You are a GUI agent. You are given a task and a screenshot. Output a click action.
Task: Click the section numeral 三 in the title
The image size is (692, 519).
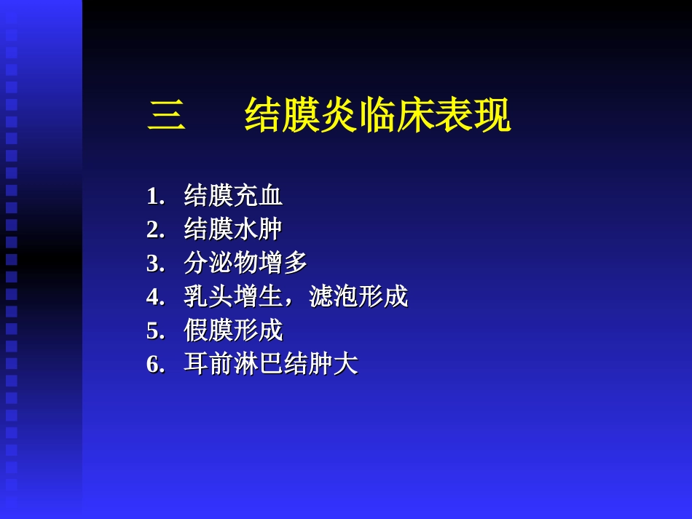click(x=167, y=116)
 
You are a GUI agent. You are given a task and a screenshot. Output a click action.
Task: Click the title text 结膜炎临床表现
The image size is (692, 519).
click(x=377, y=116)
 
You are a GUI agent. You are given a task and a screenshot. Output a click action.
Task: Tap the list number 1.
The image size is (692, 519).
click(x=155, y=197)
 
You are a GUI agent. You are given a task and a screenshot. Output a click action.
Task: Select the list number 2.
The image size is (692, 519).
click(x=155, y=230)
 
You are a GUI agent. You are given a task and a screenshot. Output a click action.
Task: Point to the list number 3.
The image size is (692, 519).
click(x=155, y=264)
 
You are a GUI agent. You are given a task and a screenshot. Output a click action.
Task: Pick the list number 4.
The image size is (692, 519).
click(x=155, y=297)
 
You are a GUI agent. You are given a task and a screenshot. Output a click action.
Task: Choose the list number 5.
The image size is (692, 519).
click(x=155, y=330)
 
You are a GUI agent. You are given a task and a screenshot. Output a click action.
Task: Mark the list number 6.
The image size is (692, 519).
click(x=155, y=364)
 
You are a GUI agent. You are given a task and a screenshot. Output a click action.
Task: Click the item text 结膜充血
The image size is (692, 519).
click(x=233, y=196)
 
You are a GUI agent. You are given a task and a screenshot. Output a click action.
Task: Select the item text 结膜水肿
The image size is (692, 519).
click(x=233, y=229)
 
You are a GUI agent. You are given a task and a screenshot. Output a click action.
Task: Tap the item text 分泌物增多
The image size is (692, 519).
click(x=245, y=263)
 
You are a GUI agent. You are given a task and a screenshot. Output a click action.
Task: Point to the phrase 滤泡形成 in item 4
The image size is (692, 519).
click(x=358, y=296)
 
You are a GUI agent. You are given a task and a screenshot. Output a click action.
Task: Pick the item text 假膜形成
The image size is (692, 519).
click(x=233, y=330)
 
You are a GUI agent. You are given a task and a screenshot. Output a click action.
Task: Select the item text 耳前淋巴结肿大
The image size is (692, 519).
click(x=271, y=363)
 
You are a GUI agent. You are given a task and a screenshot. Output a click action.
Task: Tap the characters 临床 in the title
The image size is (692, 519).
click(x=397, y=116)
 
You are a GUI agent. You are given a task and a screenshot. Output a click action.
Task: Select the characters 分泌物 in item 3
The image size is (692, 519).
click(x=221, y=263)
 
